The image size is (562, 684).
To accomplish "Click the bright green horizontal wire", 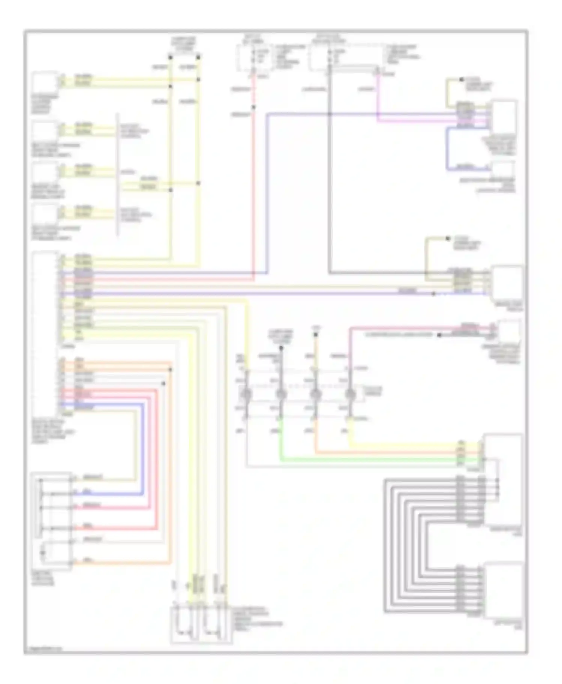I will (x=375, y=459).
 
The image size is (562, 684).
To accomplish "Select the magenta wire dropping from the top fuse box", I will (x=377, y=97).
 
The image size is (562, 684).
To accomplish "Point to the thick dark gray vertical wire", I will (x=329, y=187).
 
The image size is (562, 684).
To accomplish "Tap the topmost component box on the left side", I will (x=45, y=83).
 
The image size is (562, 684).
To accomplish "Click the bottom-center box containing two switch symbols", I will (x=201, y=625).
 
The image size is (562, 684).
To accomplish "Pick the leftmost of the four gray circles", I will (x=247, y=394).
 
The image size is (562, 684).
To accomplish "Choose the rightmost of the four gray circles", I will (x=350, y=394).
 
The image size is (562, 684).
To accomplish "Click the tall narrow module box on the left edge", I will (x=45, y=333).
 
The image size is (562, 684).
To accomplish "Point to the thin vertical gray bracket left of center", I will (x=118, y=176).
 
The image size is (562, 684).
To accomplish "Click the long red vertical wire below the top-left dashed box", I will (x=254, y=187).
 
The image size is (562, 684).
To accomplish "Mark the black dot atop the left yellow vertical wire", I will (x=170, y=57).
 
